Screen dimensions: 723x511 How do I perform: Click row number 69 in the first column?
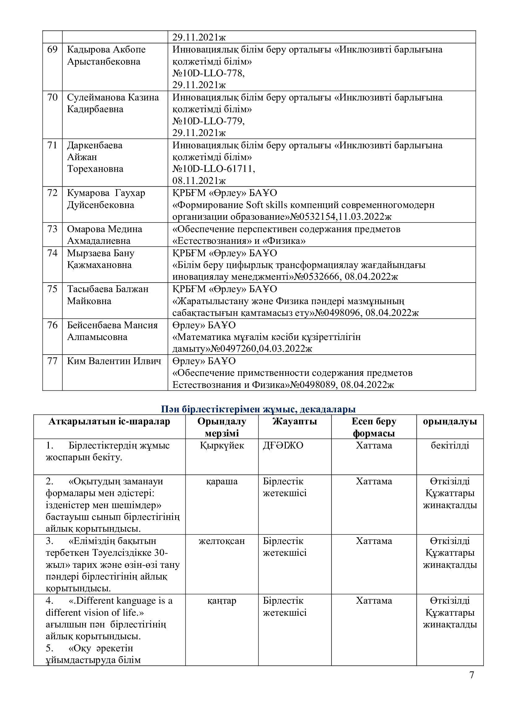(x=52, y=50)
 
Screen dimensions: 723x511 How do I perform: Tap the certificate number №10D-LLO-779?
(x=208, y=121)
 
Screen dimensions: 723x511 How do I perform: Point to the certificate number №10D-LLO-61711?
(x=214, y=169)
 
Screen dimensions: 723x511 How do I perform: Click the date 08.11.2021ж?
(x=199, y=181)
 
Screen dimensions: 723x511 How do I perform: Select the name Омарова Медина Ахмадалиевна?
(x=104, y=235)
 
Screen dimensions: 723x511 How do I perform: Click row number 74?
(x=52, y=253)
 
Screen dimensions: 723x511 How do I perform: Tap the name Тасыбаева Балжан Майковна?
(x=107, y=295)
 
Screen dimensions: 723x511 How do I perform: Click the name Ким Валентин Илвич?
(x=114, y=361)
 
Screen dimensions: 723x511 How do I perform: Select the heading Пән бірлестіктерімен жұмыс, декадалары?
(x=258, y=409)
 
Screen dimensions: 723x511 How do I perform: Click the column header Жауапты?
(x=294, y=422)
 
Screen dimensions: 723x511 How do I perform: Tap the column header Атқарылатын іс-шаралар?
(x=109, y=422)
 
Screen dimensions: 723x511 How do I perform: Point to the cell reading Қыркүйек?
(x=222, y=446)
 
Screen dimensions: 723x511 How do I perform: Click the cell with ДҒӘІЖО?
(x=283, y=446)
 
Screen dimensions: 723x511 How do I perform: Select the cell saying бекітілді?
(x=450, y=446)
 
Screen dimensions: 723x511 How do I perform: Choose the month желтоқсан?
(x=222, y=541)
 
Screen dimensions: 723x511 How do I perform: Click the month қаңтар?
(x=222, y=601)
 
